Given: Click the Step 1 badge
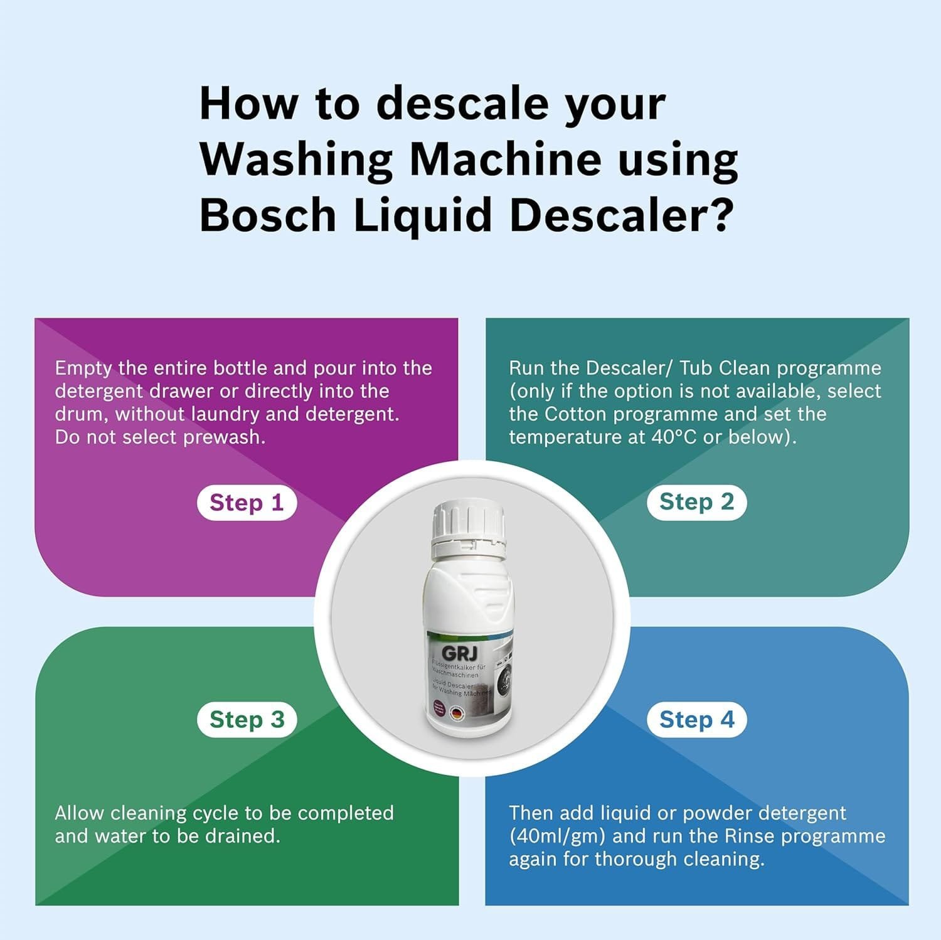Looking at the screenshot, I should (247, 503).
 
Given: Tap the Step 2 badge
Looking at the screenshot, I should (696, 502).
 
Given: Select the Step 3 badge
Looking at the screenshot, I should (247, 720).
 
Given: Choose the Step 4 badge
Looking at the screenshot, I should (696, 720).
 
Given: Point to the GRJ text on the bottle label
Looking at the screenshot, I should (459, 653).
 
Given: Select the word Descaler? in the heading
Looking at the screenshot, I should (621, 215).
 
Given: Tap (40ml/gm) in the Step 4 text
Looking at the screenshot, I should (557, 836).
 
